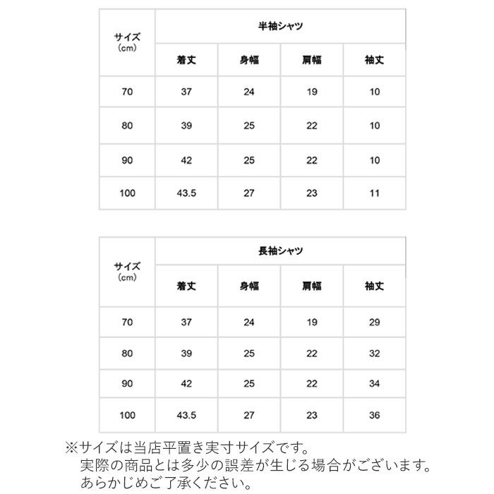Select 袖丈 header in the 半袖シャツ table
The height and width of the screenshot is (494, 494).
click(x=374, y=61)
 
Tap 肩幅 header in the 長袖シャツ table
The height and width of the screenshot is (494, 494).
click(x=311, y=286)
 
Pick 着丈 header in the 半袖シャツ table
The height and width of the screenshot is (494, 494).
click(x=186, y=61)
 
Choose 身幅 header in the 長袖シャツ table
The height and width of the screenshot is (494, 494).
click(x=249, y=286)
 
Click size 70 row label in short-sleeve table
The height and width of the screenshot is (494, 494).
click(x=127, y=92)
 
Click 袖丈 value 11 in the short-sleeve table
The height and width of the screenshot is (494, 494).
click(x=374, y=192)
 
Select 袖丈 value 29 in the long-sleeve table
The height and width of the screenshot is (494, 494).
click(x=374, y=323)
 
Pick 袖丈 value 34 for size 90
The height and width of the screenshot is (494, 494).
click(x=374, y=383)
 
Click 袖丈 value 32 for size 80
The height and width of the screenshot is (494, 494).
click(x=374, y=353)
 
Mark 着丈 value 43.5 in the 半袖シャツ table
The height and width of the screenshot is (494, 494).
click(x=186, y=192)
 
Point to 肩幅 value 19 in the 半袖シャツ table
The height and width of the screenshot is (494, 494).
click(x=311, y=92)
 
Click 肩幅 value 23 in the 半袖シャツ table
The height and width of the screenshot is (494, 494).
click(x=311, y=192)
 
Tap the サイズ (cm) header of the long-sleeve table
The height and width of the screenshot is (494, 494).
click(x=127, y=272)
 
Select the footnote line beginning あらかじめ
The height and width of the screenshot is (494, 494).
click(x=162, y=483)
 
